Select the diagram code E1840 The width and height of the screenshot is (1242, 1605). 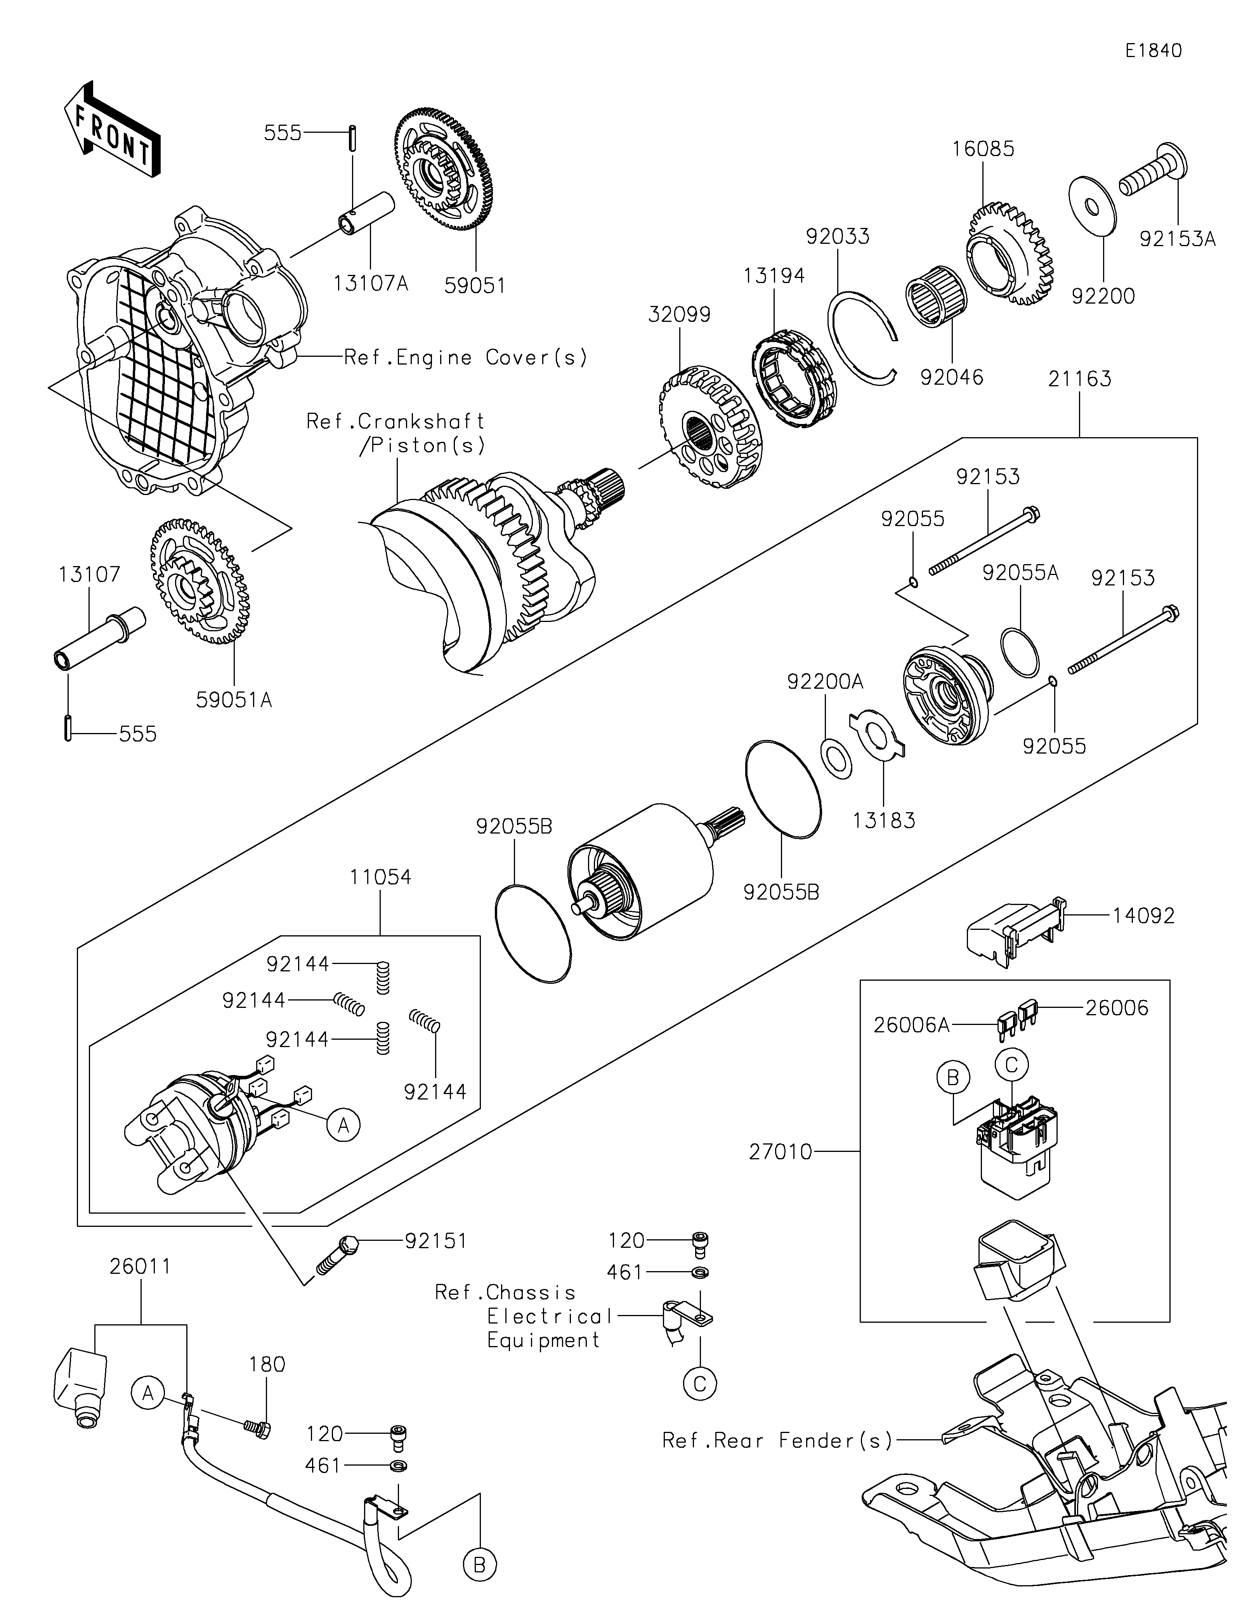click(x=1153, y=51)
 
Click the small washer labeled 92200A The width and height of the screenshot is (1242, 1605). click(x=836, y=759)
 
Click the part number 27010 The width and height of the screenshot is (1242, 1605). click(x=780, y=1152)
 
